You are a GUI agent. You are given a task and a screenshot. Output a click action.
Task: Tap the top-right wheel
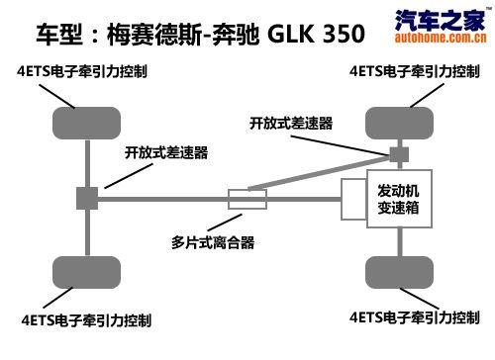coord(399,126)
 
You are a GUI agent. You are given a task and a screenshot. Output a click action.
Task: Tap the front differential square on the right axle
coord(399,154)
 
